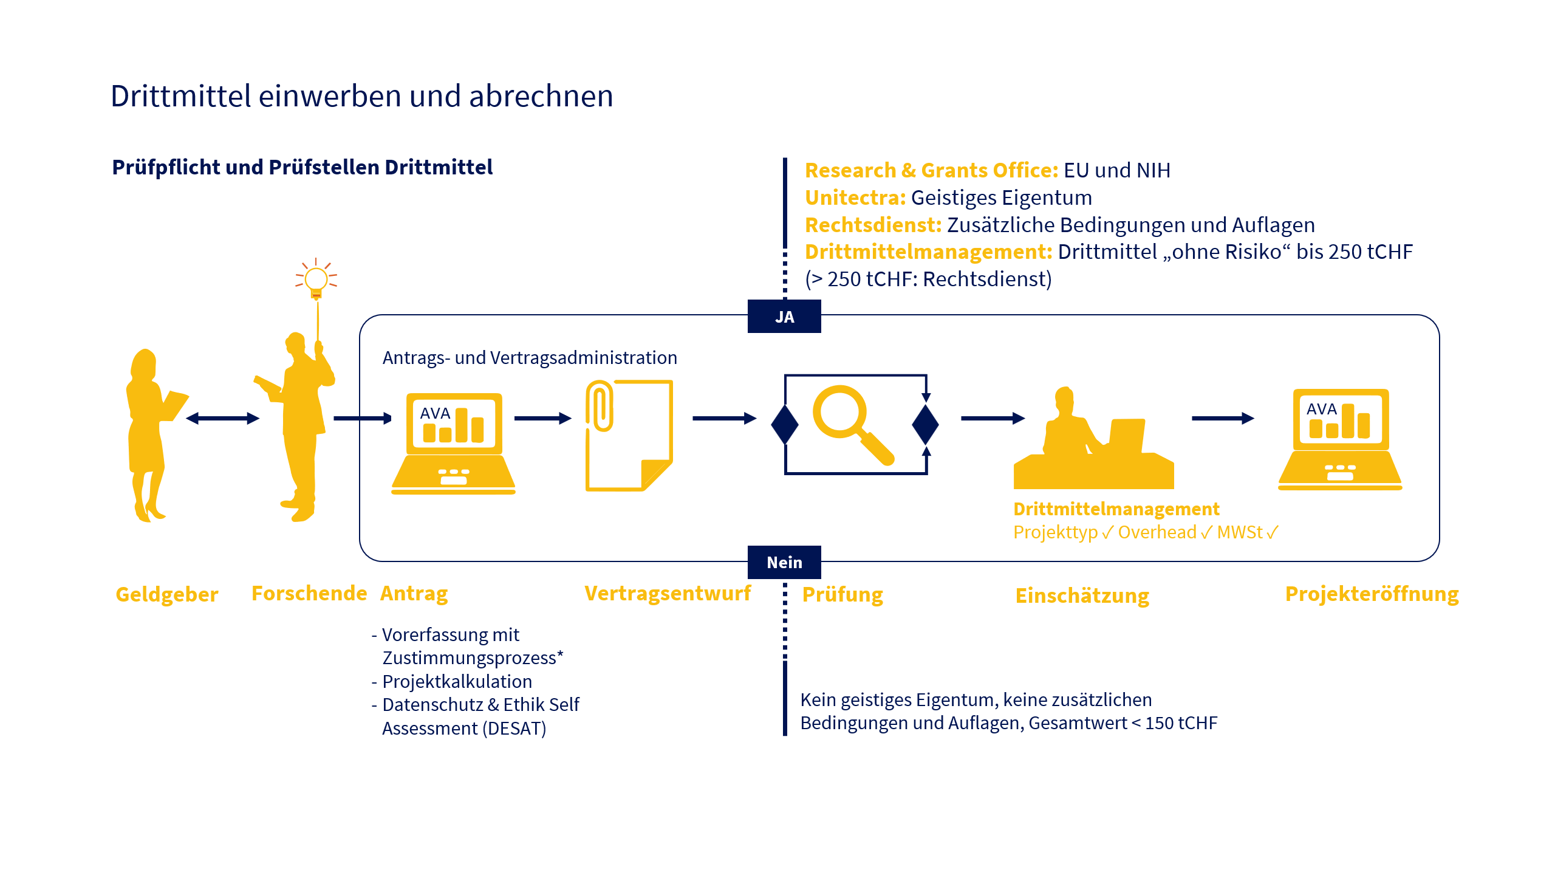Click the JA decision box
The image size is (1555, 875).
tap(784, 317)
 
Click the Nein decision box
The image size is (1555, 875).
tap(784, 562)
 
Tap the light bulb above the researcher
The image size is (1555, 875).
tap(316, 280)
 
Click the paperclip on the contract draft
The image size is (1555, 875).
tap(599, 406)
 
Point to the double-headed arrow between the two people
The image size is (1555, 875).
tap(223, 418)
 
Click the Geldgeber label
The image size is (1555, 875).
tap(167, 594)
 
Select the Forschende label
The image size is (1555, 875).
tap(309, 593)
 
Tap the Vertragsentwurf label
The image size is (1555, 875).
tap(668, 593)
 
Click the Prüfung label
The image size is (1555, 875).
tap(842, 595)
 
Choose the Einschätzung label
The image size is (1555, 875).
tap(1082, 596)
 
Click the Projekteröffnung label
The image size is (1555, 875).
tap(1372, 594)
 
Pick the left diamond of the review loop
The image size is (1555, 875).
tap(785, 425)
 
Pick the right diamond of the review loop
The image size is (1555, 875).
tap(926, 425)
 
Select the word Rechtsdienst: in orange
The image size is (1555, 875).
tap(873, 225)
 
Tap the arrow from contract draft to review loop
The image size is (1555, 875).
tap(725, 418)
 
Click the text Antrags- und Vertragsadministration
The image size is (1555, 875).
tap(530, 358)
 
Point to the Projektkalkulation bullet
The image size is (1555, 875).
tap(452, 682)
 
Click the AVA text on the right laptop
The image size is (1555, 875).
tap(1322, 410)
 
